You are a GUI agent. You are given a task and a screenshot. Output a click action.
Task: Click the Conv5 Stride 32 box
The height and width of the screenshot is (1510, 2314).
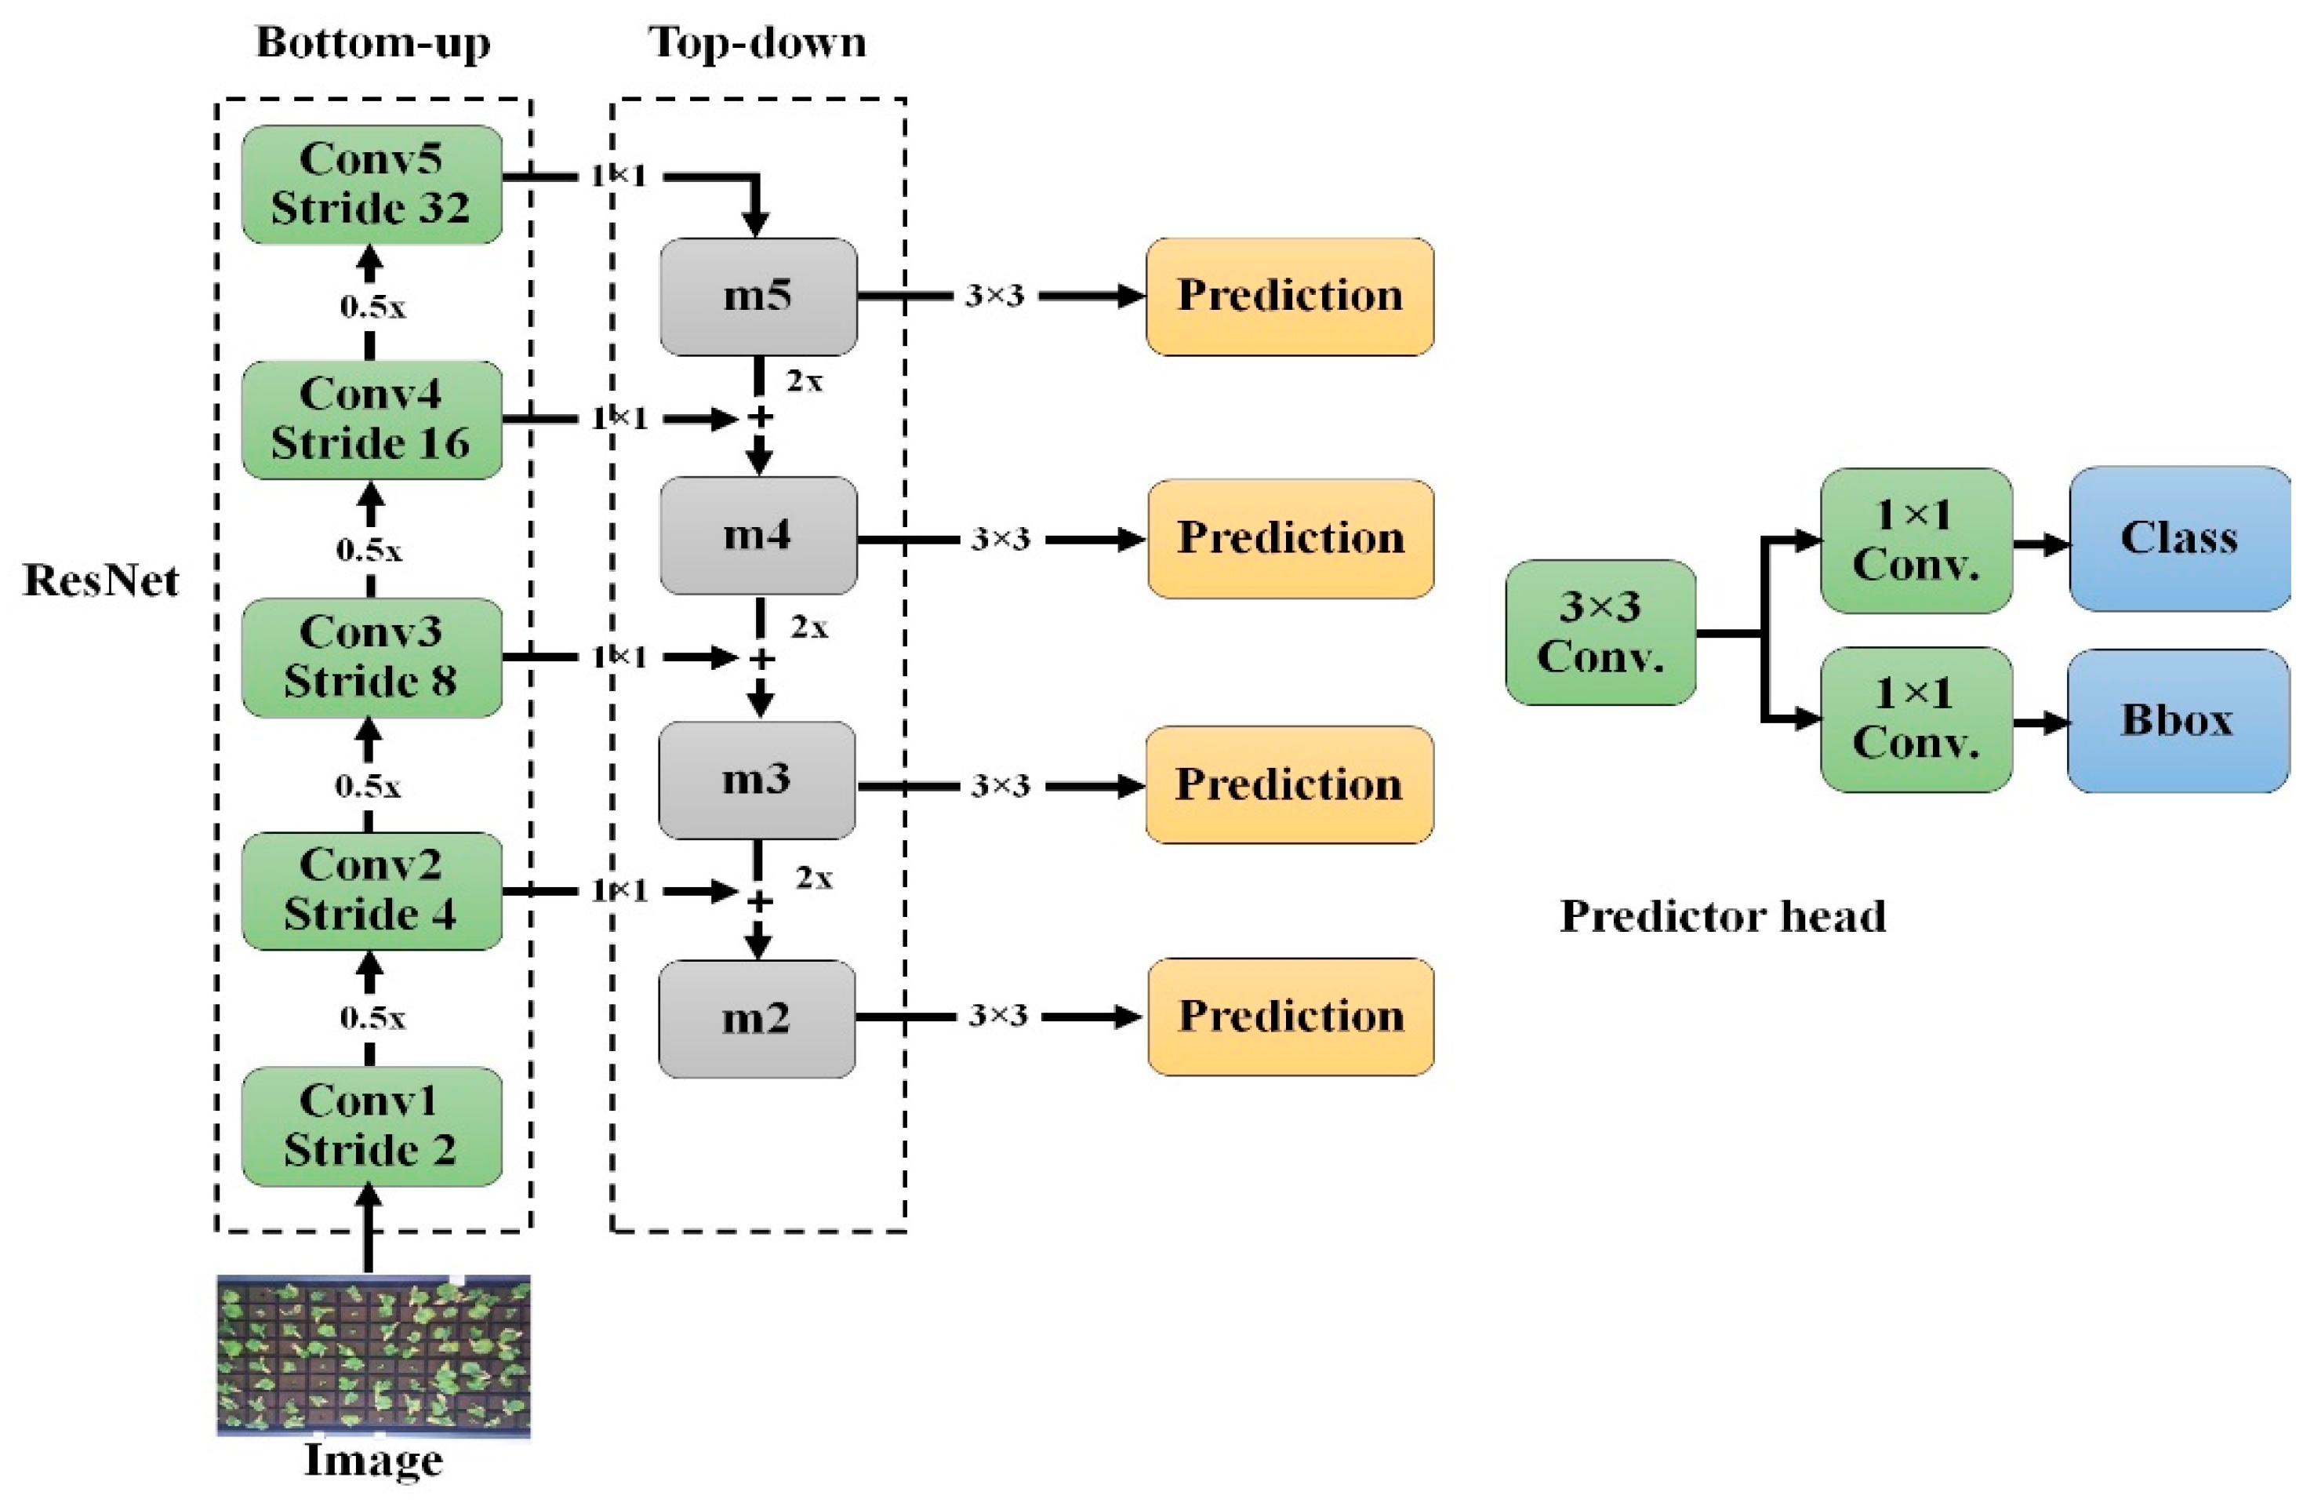tap(372, 184)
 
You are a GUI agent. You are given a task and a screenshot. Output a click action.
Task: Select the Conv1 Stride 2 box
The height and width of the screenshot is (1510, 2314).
tap(372, 1126)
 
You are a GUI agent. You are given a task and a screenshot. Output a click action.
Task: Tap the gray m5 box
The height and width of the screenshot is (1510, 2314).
tap(757, 296)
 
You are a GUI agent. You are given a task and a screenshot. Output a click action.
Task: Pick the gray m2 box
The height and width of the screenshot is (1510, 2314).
tap(757, 1018)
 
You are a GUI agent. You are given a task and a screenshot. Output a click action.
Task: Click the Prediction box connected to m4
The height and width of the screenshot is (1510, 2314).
tap(1289, 537)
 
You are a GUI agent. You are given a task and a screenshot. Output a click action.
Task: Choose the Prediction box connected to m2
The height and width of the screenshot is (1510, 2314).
tap(1289, 1016)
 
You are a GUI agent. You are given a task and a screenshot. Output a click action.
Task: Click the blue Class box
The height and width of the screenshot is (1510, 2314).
tap(2178, 537)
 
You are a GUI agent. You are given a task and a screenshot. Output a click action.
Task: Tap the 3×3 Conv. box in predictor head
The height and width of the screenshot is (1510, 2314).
tap(1600, 632)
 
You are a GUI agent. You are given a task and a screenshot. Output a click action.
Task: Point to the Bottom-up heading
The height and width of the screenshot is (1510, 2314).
tap(372, 43)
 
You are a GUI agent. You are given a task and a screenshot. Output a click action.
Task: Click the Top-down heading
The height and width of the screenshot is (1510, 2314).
tap(757, 43)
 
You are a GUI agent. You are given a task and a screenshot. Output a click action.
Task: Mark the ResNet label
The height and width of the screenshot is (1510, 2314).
tap(100, 580)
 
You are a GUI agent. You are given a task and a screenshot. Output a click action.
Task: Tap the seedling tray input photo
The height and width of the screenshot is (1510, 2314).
tap(372, 1355)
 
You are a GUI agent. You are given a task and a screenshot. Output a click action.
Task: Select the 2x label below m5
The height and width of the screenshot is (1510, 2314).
tap(804, 381)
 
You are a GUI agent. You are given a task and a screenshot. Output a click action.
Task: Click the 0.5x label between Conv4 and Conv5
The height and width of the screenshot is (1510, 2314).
tap(372, 307)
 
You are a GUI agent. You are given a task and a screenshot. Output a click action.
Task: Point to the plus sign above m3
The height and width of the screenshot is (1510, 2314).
tap(761, 659)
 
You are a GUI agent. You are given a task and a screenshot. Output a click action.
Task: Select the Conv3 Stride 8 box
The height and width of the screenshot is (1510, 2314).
tap(372, 657)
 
